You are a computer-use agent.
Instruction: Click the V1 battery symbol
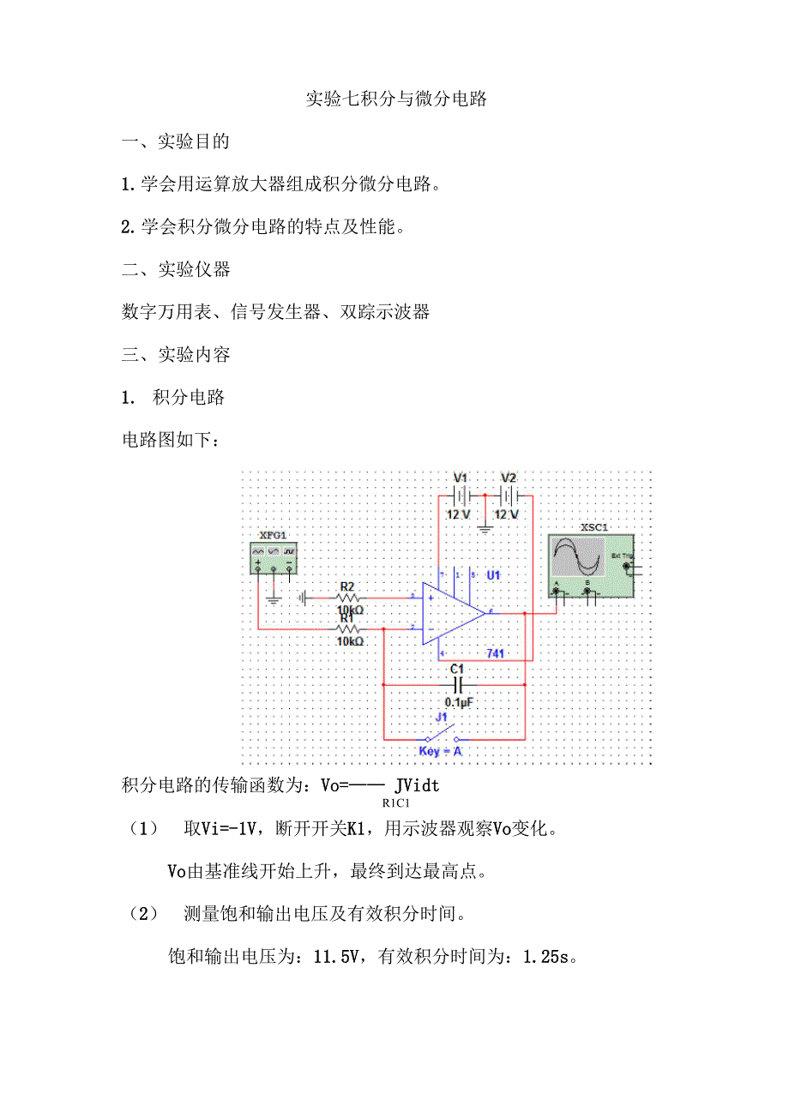coord(461,496)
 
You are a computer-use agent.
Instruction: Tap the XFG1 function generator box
coord(274,557)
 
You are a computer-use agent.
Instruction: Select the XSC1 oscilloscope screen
coord(578,557)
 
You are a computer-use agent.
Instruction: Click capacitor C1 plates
coord(458,685)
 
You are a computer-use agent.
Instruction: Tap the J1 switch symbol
coord(441,736)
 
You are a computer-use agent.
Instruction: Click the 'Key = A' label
coord(440,751)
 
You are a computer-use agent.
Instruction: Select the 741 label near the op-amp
coord(495,653)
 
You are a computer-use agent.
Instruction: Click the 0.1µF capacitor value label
coord(458,702)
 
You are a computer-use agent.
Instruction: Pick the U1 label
coord(493,574)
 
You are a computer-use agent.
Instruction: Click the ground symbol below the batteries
coord(485,528)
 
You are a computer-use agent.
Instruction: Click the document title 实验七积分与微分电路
coord(397,99)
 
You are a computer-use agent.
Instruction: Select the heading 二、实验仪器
coord(176,269)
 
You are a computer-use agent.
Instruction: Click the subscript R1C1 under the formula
coord(396,803)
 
